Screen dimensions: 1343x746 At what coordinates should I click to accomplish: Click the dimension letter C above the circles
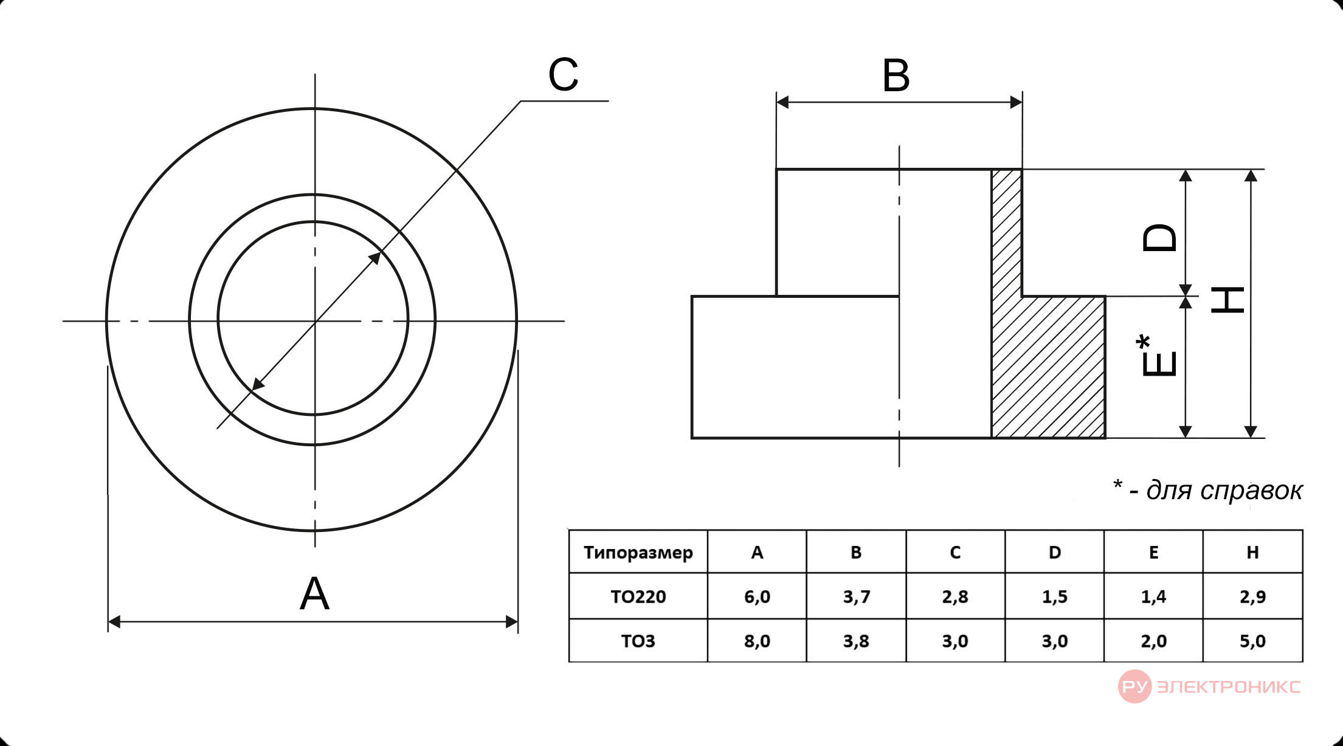tap(563, 75)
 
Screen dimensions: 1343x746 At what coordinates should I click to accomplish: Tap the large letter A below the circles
tap(314, 593)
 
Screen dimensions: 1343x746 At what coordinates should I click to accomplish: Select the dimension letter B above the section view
tap(896, 76)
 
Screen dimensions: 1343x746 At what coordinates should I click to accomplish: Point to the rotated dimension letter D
tap(1159, 238)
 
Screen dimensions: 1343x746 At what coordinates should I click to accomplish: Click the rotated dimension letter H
tap(1227, 300)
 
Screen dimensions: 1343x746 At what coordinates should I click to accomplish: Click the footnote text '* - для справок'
tap(1207, 490)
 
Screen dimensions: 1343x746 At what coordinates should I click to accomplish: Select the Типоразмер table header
tap(638, 553)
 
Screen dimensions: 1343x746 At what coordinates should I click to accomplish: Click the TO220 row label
tap(638, 596)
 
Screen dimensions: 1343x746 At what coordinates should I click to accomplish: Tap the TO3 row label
tap(638, 641)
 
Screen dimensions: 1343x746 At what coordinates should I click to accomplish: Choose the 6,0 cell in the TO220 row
tap(757, 596)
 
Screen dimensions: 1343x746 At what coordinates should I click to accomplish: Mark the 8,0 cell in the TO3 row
tap(757, 641)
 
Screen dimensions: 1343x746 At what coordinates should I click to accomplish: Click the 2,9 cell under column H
tap(1252, 596)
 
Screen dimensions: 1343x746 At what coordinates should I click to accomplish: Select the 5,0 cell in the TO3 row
tap(1252, 641)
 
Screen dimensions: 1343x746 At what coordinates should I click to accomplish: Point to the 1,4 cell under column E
tap(1153, 596)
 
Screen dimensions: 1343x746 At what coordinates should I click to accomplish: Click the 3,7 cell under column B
tap(856, 596)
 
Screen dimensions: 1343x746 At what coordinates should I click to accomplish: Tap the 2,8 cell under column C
tap(955, 596)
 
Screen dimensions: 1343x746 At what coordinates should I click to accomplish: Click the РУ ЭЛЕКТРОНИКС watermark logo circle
tap(1134, 686)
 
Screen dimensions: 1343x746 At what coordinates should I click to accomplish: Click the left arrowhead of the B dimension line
tap(783, 102)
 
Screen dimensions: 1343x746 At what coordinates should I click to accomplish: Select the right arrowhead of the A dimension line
tap(512, 622)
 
